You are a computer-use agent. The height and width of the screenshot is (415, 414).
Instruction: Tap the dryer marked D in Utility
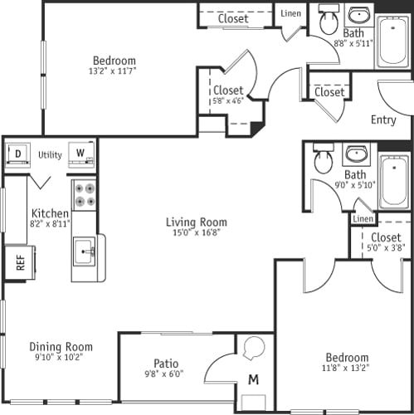[17, 154]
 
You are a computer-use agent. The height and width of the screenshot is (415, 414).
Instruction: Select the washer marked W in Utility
[80, 154]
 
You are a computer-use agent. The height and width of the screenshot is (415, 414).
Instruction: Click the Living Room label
[196, 222]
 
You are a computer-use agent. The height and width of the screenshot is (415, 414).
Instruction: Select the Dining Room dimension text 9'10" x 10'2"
[61, 358]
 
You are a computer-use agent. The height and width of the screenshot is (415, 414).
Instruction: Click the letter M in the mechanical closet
[253, 380]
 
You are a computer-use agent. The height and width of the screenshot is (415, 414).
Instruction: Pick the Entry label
[383, 120]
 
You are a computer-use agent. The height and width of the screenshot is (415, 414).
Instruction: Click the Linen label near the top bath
[290, 13]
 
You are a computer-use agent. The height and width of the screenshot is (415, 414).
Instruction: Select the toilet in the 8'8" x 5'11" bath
[329, 21]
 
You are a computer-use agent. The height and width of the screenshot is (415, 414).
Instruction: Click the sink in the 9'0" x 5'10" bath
[357, 154]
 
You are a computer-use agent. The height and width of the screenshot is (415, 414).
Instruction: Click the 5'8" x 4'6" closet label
[228, 102]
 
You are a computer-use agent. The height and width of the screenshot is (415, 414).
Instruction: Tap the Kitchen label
[50, 214]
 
